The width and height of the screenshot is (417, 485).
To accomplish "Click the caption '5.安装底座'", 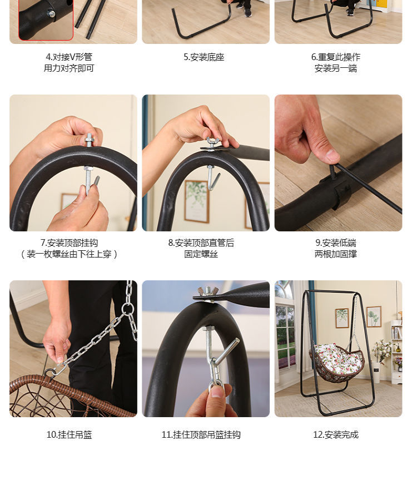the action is [x=203, y=57].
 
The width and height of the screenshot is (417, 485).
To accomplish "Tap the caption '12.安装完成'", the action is [x=336, y=434].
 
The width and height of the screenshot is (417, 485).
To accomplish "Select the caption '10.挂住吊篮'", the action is [x=69, y=434].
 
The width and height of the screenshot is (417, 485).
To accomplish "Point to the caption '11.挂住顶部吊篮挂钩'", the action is [x=201, y=434].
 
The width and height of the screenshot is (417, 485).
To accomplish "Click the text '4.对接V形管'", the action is [x=69, y=57].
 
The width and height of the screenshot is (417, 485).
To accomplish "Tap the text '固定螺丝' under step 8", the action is [x=201, y=254].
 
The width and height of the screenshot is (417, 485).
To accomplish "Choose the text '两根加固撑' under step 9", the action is [x=336, y=254].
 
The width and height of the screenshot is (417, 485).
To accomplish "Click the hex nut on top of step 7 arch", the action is [x=90, y=141].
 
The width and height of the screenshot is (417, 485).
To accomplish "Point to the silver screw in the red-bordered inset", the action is [x=51, y=14].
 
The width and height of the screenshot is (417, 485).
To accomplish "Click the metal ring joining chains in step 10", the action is [x=127, y=308].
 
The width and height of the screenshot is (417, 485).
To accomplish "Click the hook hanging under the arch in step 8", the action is [x=214, y=177].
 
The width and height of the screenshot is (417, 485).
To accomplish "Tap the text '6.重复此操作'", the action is [x=336, y=57].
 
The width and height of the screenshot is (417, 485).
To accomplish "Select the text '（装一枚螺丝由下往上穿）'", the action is [x=69, y=254].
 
